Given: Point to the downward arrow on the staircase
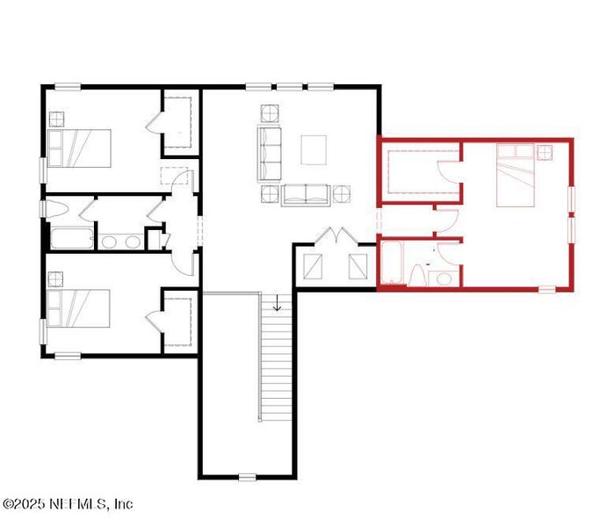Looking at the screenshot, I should click(x=278, y=305).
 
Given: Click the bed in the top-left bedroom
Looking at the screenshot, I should click(x=80, y=148).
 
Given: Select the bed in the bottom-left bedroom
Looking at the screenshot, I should click(x=80, y=309).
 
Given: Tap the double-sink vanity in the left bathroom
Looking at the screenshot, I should click(x=121, y=241).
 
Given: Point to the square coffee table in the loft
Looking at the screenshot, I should click(x=314, y=149).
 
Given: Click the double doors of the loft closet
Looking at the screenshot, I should click(x=333, y=239).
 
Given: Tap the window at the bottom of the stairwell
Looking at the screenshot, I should click(x=247, y=477).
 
